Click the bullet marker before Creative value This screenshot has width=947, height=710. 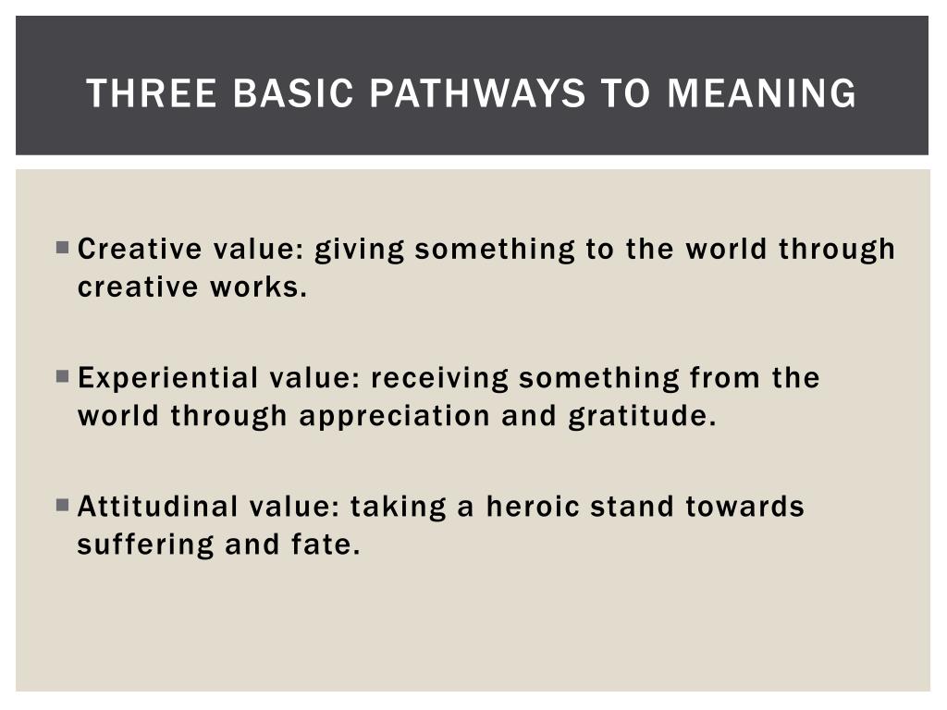click(x=62, y=248)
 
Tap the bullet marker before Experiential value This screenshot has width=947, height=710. click(x=62, y=377)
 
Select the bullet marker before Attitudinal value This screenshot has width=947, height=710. click(x=62, y=506)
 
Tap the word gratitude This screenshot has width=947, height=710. click(x=642, y=417)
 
